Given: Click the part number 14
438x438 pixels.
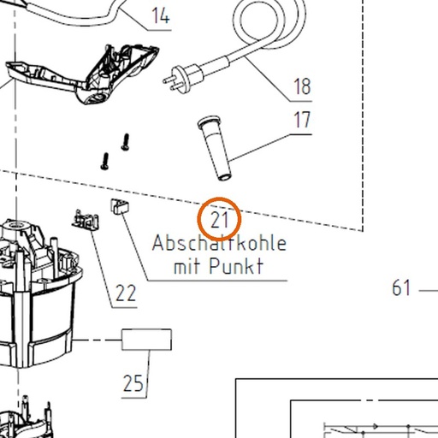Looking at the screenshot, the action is click(x=161, y=15).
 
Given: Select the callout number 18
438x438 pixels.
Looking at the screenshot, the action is click(x=302, y=86).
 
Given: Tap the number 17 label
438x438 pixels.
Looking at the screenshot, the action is click(x=302, y=120).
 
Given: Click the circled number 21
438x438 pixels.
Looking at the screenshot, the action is click(x=219, y=220).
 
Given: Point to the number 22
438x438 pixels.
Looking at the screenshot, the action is click(x=126, y=293).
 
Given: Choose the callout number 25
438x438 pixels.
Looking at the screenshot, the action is click(x=133, y=383).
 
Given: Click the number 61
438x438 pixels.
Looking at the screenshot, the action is click(x=401, y=287).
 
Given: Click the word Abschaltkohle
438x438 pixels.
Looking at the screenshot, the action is click(x=219, y=243).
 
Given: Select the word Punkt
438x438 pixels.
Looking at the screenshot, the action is click(x=236, y=266).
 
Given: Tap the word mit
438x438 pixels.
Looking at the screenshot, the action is click(x=186, y=266).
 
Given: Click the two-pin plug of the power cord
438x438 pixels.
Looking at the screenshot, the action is click(x=183, y=77).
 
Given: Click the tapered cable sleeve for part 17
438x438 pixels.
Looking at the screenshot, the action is click(x=215, y=148).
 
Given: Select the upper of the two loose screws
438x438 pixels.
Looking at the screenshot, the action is click(x=126, y=142).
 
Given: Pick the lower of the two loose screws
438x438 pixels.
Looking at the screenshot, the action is click(x=105, y=162).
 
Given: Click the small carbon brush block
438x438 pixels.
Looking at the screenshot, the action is click(x=120, y=206).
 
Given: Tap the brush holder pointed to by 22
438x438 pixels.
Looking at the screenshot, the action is click(x=86, y=220).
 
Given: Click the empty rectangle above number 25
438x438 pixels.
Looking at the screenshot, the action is click(x=146, y=340).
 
